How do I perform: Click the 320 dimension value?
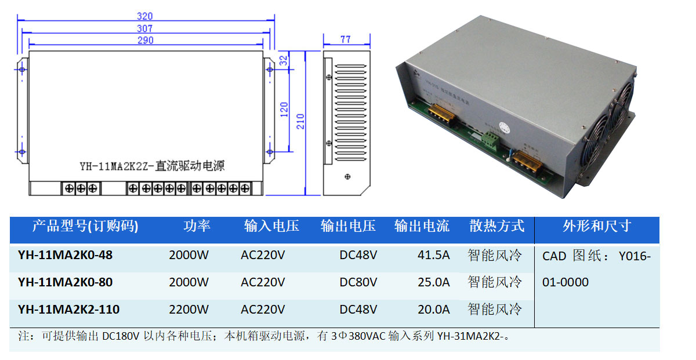145,16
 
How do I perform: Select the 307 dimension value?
145,28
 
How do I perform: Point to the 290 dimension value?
146,40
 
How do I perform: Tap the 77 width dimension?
345,39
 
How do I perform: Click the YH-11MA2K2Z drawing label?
152,166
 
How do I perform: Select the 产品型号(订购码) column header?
85,226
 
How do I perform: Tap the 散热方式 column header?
496,226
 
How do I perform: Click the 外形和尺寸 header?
597,226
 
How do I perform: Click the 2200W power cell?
188,310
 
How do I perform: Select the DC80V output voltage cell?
358,282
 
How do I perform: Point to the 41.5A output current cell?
433,255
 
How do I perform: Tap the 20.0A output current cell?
433,310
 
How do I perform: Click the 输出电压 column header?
348,226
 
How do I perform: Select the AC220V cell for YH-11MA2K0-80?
263,282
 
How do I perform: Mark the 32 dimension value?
284,60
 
